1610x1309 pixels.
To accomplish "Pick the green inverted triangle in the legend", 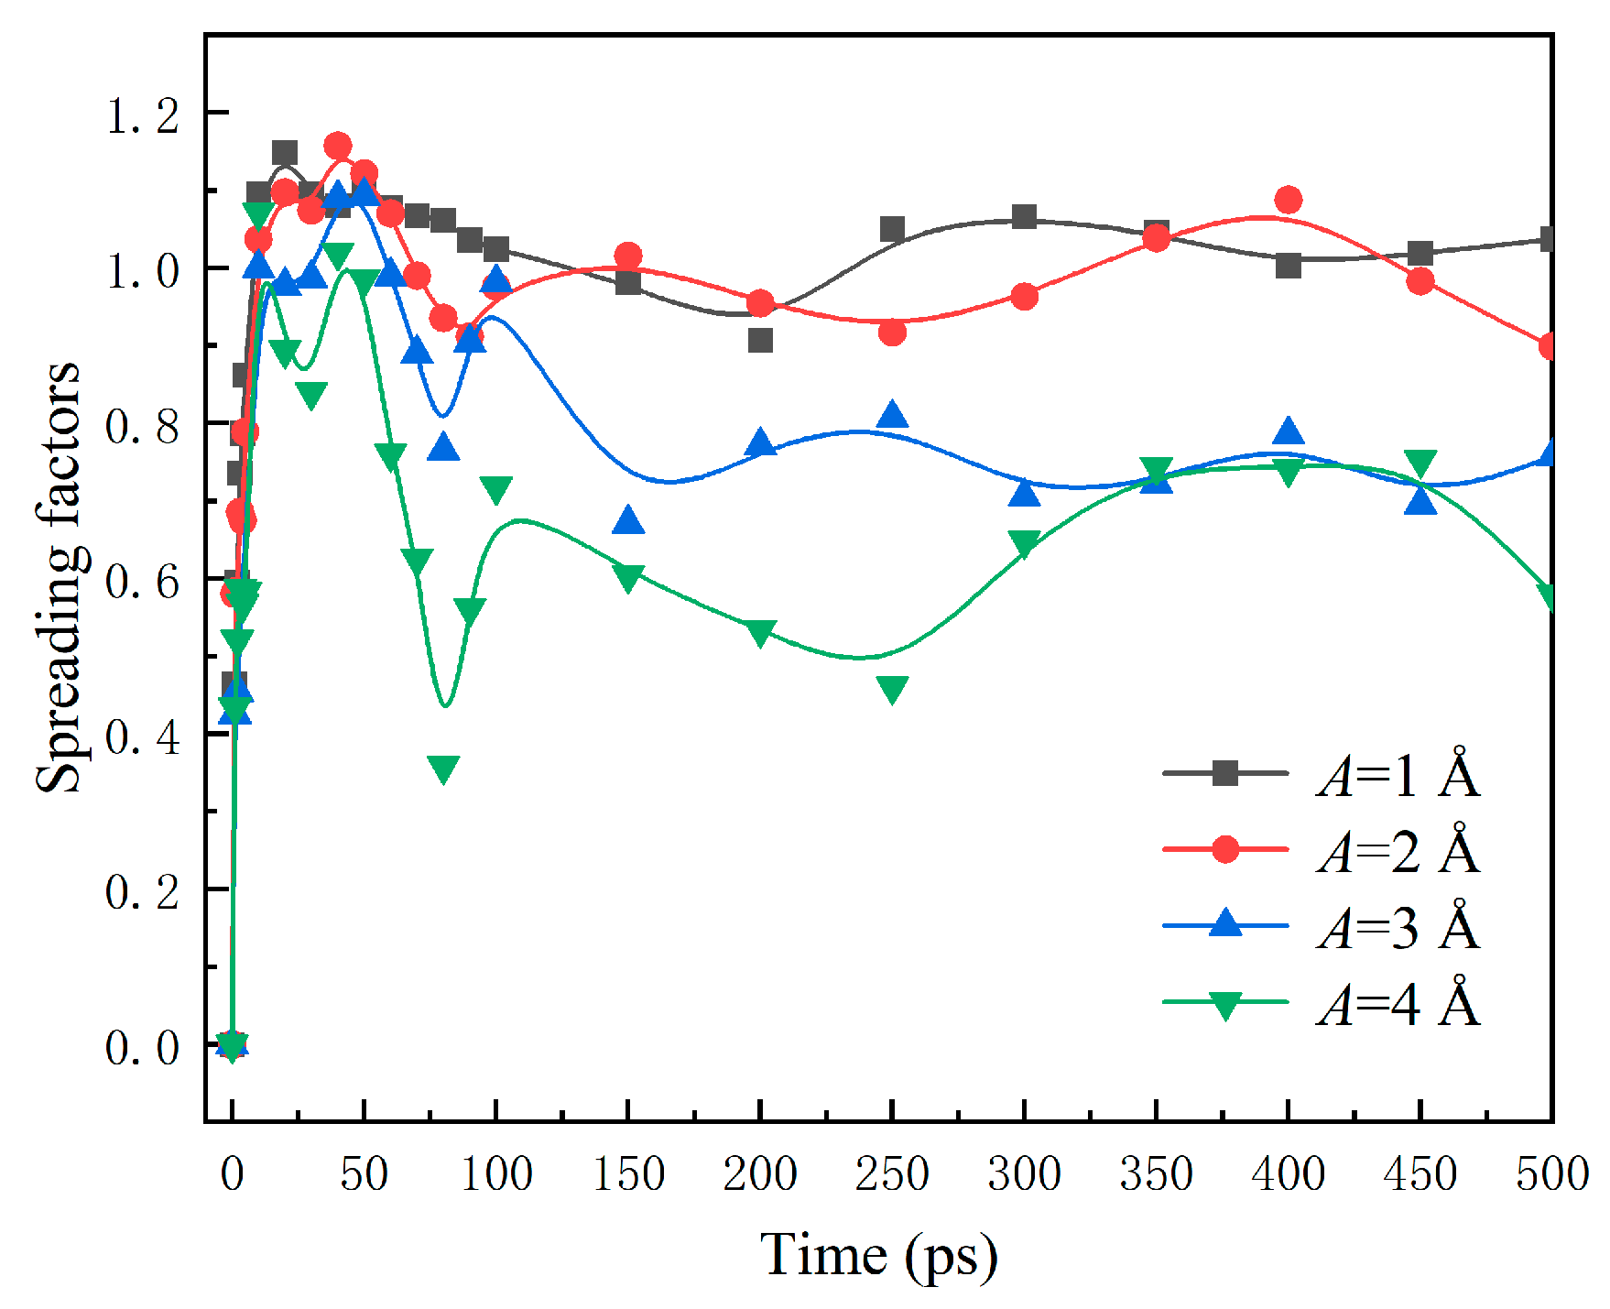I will (1225, 1004).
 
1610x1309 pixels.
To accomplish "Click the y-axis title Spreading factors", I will (57, 577).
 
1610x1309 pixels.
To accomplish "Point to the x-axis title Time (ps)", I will (877, 1254).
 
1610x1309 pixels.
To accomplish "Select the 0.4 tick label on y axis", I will (142, 736).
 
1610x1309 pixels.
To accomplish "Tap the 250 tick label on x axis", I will (892, 1173).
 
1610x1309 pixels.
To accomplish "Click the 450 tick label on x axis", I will (1420, 1173).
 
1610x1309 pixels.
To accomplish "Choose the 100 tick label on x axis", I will (495, 1173).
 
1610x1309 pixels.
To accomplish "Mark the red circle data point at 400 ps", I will (1288, 199).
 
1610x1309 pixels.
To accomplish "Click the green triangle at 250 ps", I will (892, 689).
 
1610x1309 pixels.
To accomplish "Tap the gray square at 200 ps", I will (760, 341).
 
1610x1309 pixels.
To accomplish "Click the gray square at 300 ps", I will (1024, 217).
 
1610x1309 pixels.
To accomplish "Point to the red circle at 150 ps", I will (628, 256).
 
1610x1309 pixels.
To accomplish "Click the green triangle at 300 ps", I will (1024, 542).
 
